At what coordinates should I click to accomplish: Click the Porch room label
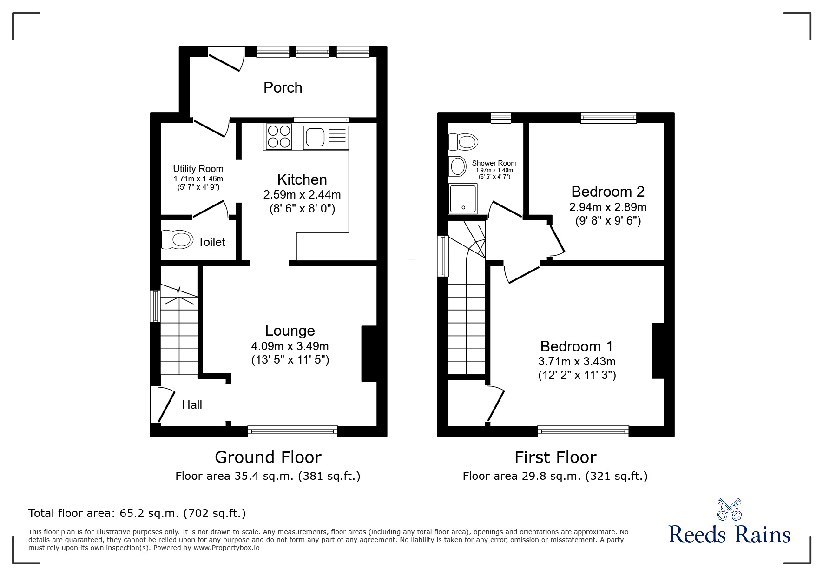(x=283, y=87)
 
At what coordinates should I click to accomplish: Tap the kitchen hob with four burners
(x=278, y=137)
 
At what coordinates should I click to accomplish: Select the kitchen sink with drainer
(x=325, y=137)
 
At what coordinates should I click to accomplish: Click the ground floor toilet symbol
(x=177, y=240)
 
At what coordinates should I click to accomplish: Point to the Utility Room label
(x=198, y=169)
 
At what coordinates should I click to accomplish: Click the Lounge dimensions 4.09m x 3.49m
(x=290, y=346)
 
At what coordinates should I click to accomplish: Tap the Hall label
(x=192, y=404)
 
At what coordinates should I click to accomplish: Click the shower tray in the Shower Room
(x=463, y=199)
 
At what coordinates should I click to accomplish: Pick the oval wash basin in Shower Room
(x=458, y=166)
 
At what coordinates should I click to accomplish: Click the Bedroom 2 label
(x=607, y=191)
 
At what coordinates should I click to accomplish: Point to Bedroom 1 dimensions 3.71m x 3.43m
(x=577, y=361)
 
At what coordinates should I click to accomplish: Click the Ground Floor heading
(x=268, y=457)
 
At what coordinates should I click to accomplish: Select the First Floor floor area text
(x=555, y=476)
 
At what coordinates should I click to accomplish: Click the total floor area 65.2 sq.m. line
(x=137, y=513)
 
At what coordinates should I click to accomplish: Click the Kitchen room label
(x=302, y=179)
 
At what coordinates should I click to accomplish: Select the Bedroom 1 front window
(x=583, y=431)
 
